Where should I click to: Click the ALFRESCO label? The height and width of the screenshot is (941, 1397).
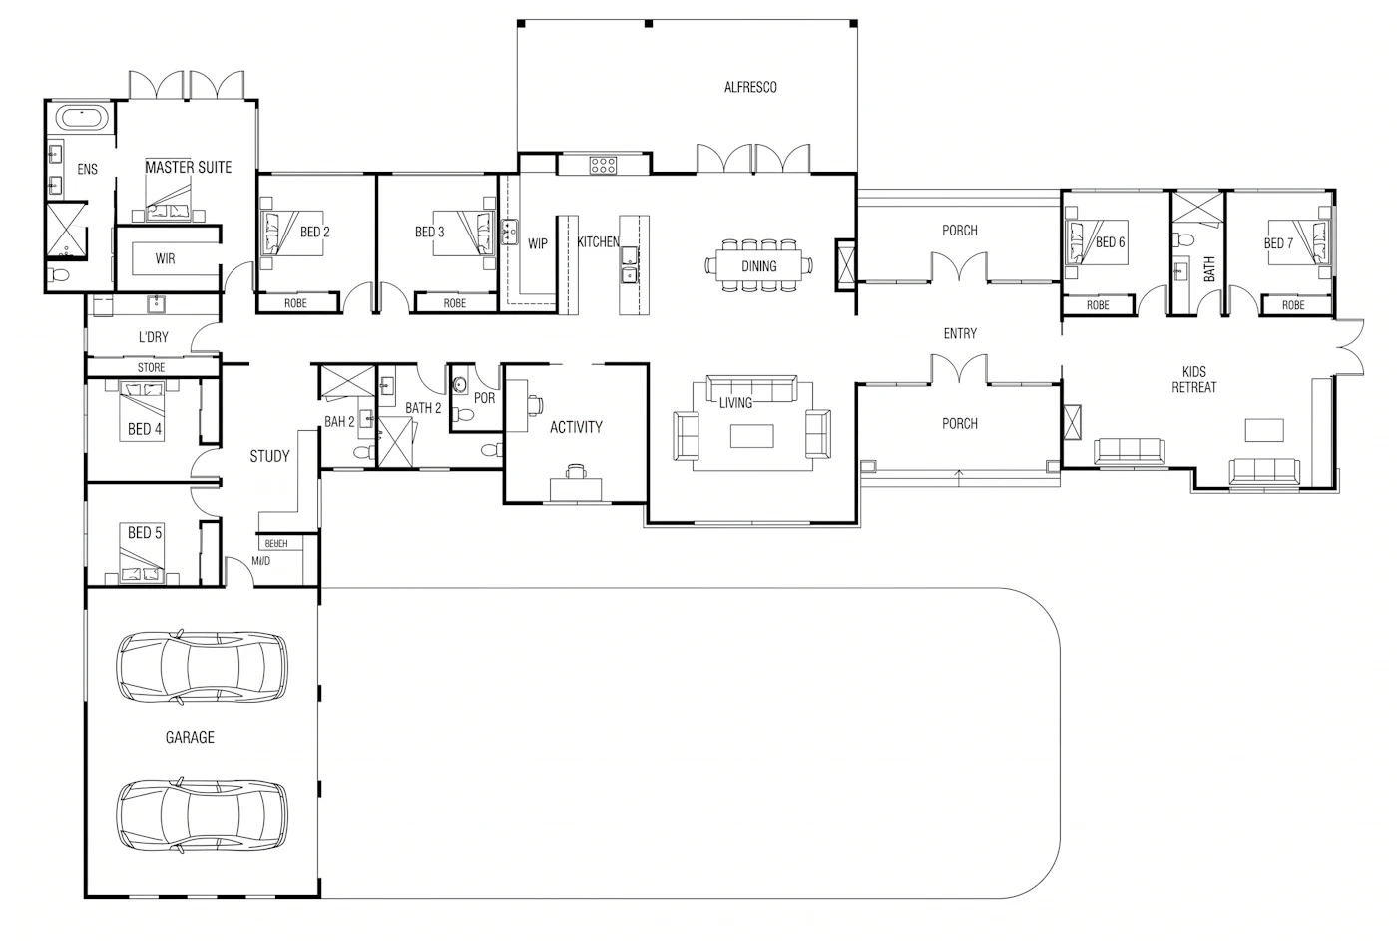[750, 87]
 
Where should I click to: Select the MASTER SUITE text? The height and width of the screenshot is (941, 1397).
[189, 167]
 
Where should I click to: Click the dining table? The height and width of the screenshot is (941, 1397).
[759, 266]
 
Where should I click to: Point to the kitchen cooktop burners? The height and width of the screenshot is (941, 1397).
[603, 166]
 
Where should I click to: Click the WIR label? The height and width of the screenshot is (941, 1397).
[166, 258]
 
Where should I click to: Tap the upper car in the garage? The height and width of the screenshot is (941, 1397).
[202, 668]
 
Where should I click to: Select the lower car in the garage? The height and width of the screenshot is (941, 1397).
[202, 816]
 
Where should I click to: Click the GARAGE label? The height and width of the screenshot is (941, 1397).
[190, 738]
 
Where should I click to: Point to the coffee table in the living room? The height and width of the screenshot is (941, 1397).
[752, 436]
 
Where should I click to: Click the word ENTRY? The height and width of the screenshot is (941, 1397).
[960, 334]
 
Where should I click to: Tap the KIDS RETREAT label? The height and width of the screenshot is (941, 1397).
[1193, 380]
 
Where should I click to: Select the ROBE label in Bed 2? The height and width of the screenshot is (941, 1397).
[295, 303]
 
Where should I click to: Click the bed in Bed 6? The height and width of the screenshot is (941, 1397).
[1097, 242]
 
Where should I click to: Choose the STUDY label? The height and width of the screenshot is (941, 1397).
[270, 456]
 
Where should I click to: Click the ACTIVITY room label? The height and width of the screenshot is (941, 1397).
[577, 427]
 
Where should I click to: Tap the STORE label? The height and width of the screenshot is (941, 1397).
[151, 368]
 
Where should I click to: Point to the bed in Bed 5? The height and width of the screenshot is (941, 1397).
[142, 553]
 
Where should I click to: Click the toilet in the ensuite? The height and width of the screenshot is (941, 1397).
[59, 274]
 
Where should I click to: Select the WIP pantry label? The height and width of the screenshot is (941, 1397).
[538, 243]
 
